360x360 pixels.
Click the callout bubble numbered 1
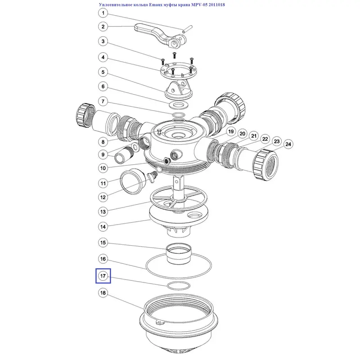pos(103,13)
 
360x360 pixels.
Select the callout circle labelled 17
pos(103,276)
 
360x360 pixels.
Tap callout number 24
pos(288,144)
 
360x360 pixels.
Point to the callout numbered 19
pos(231,131)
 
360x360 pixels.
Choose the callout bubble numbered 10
pos(103,168)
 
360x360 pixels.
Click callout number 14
pos(103,227)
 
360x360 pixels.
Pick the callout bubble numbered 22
pos(265,139)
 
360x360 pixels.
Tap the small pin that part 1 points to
pos(187,29)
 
